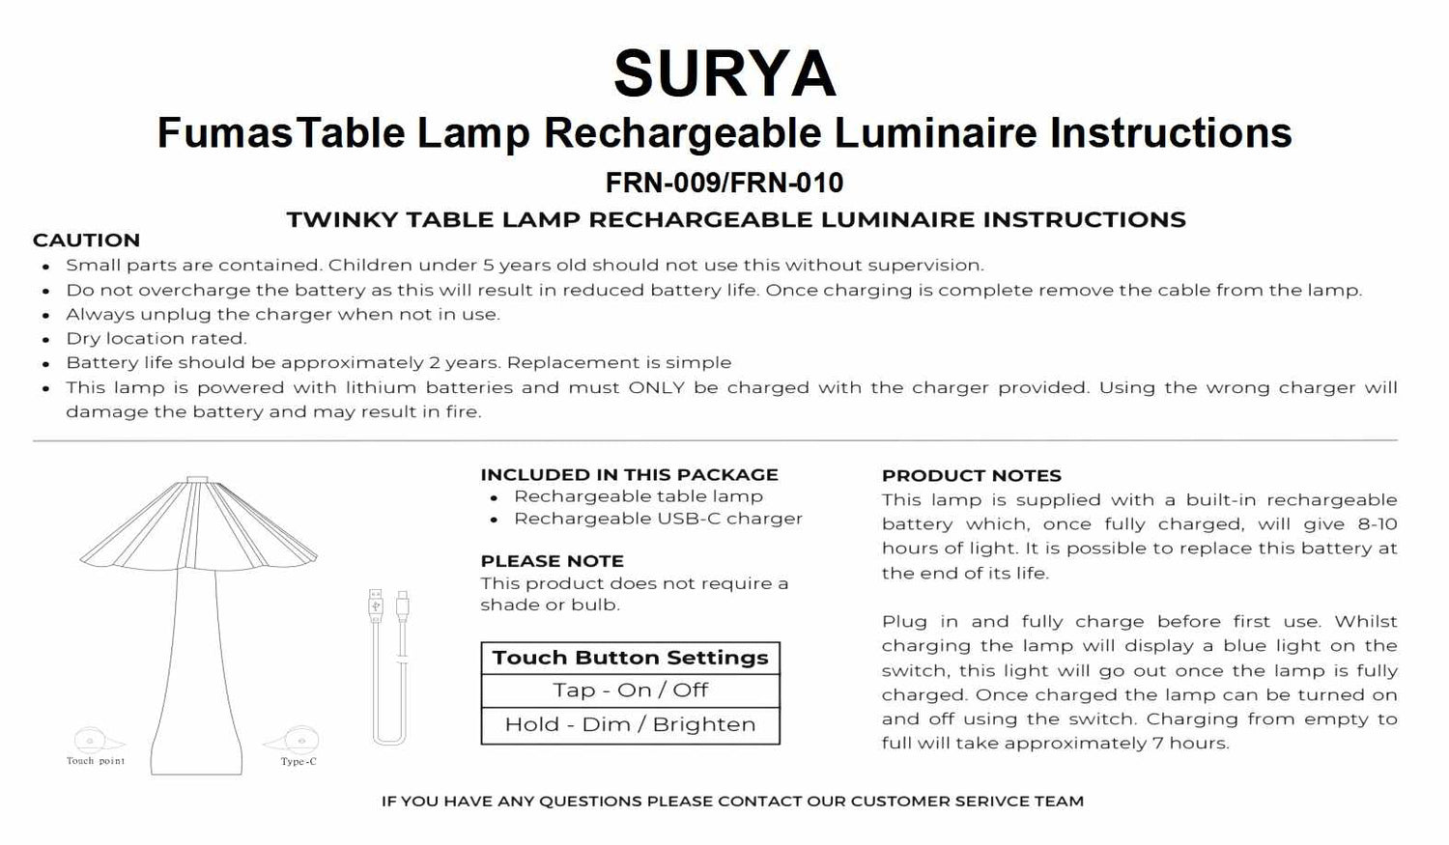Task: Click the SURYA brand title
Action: point(724,74)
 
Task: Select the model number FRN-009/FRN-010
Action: point(724,183)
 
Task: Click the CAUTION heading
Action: point(86,240)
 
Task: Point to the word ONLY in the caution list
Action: point(656,388)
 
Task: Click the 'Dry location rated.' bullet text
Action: point(156,339)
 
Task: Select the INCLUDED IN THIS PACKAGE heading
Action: point(629,475)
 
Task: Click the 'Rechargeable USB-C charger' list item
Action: point(658,519)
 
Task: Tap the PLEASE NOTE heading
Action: point(552,561)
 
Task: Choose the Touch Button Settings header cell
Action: point(630,659)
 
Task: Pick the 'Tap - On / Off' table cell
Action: point(630,690)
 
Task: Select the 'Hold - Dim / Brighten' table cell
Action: point(630,725)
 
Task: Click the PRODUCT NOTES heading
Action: point(971,476)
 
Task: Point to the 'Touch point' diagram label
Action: point(96,761)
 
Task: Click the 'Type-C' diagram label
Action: point(298,762)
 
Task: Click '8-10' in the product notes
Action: point(1376,524)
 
